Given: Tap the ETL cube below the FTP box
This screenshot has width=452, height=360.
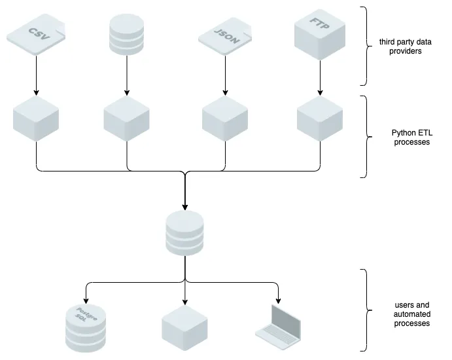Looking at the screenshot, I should pyautogui.click(x=320, y=118).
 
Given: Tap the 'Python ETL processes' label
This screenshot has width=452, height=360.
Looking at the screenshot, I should pyautogui.click(x=411, y=138).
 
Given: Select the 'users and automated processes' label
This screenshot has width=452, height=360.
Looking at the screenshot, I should pyautogui.click(x=412, y=314).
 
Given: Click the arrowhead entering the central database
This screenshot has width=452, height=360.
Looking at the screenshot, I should pyautogui.click(x=185, y=206).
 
